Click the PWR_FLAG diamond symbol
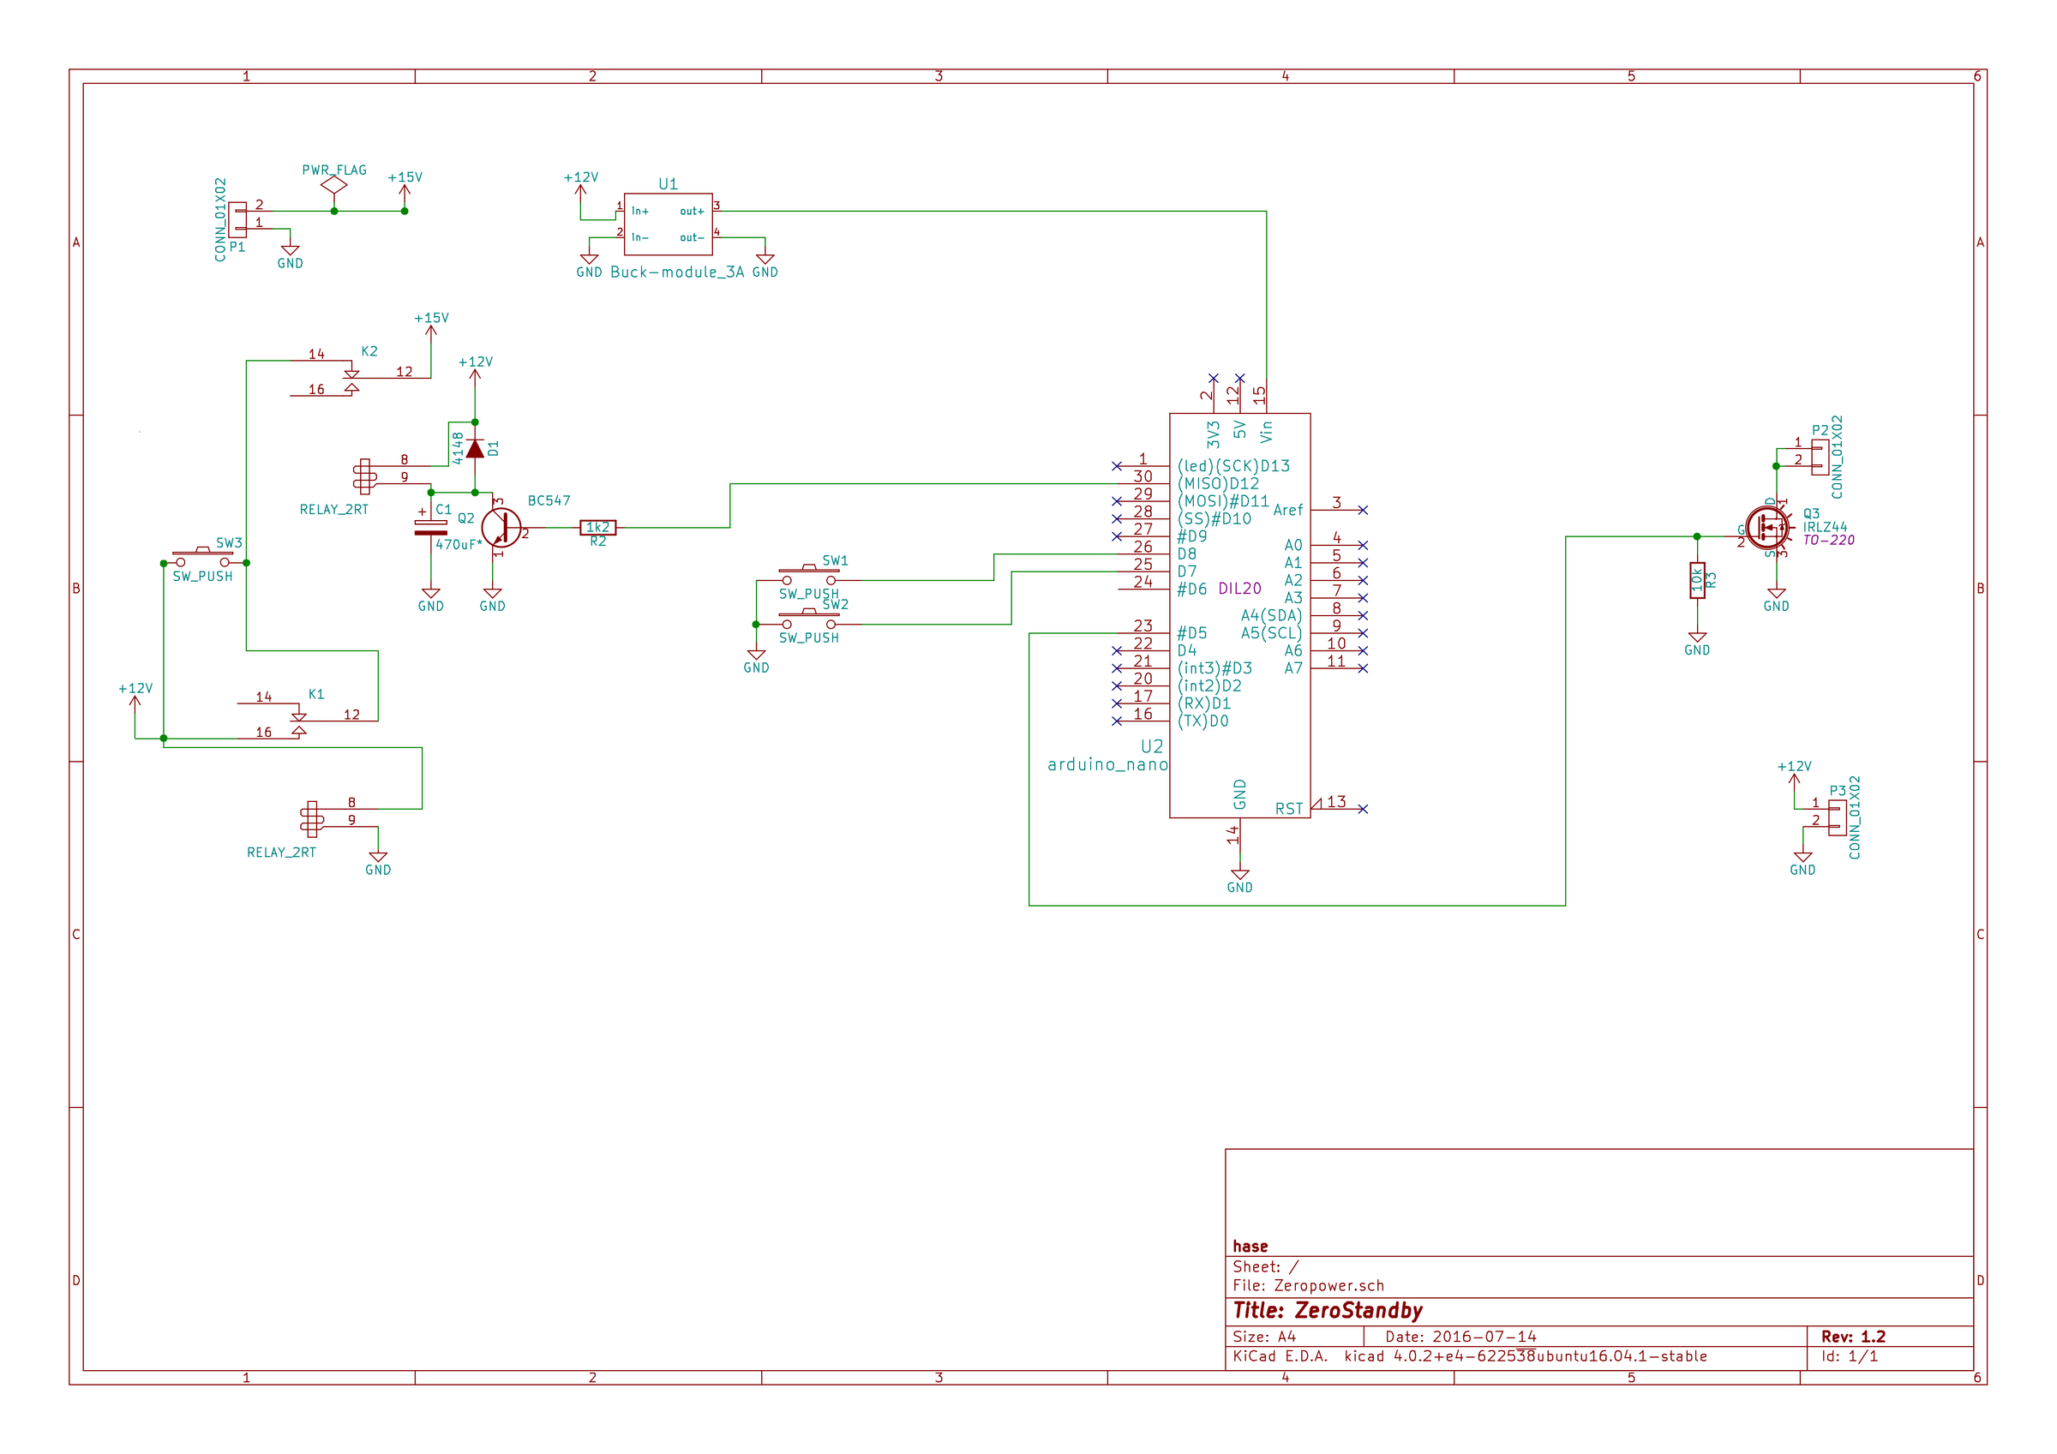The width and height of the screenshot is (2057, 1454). [334, 184]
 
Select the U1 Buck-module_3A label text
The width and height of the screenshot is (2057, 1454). [676, 272]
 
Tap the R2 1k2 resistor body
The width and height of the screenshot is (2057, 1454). [597, 528]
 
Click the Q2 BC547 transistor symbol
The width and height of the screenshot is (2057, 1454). [501, 528]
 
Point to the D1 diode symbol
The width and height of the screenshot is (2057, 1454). [475, 449]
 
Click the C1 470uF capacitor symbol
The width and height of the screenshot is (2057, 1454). [431, 528]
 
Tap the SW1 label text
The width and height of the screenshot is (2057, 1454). [834, 561]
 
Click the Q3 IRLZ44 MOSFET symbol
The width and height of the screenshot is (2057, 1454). [1766, 529]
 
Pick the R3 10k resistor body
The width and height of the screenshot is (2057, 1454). [1697, 581]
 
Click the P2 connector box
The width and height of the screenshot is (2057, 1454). [1820, 457]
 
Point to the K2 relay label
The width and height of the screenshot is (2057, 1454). [369, 351]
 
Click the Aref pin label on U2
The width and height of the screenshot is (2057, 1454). [1287, 510]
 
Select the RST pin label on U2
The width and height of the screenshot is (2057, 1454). [1288, 809]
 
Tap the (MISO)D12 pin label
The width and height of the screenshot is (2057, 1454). [1218, 484]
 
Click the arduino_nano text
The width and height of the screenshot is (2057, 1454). [1107, 764]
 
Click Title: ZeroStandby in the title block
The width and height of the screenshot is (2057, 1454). [1327, 1311]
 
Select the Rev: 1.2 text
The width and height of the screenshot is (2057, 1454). [1853, 1337]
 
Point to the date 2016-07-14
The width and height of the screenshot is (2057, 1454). [1484, 1337]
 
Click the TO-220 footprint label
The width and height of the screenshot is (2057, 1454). [1828, 540]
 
